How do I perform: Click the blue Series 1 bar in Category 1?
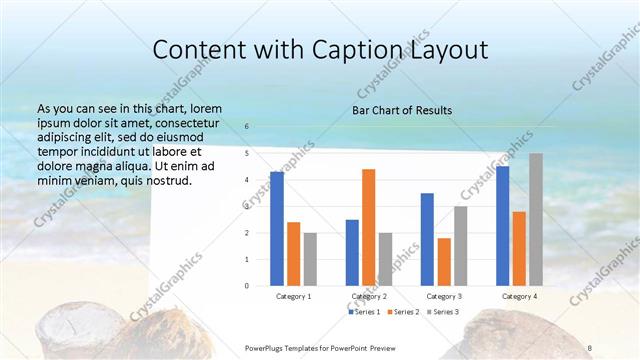click(277, 229)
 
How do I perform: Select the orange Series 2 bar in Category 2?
click(368, 227)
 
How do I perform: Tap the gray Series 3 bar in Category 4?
click(536, 219)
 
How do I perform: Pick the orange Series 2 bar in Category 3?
click(444, 262)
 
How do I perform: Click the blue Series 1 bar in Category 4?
click(502, 226)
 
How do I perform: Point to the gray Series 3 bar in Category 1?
click(310, 259)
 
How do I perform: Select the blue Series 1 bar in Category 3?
click(427, 239)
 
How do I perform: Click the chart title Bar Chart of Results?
click(402, 110)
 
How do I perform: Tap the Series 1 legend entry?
click(364, 313)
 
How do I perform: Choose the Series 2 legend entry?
click(403, 313)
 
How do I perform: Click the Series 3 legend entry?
click(442, 313)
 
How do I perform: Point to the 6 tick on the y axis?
click(247, 127)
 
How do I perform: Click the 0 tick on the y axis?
click(247, 286)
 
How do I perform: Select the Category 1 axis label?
click(294, 296)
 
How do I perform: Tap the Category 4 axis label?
click(519, 296)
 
